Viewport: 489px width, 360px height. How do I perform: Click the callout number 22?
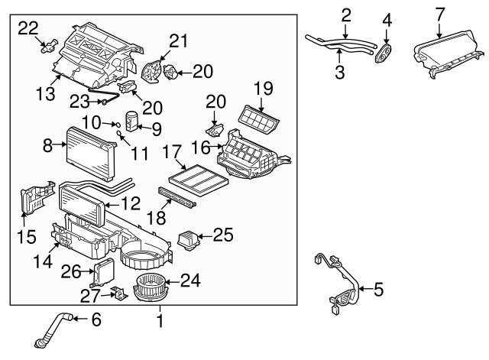(28, 28)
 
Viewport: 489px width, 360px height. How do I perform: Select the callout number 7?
(439, 14)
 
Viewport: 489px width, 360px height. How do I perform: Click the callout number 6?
(96, 319)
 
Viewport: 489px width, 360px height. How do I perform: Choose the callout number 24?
(190, 281)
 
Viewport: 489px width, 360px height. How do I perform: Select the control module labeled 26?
(102, 270)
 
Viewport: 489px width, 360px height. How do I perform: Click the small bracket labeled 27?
(117, 293)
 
